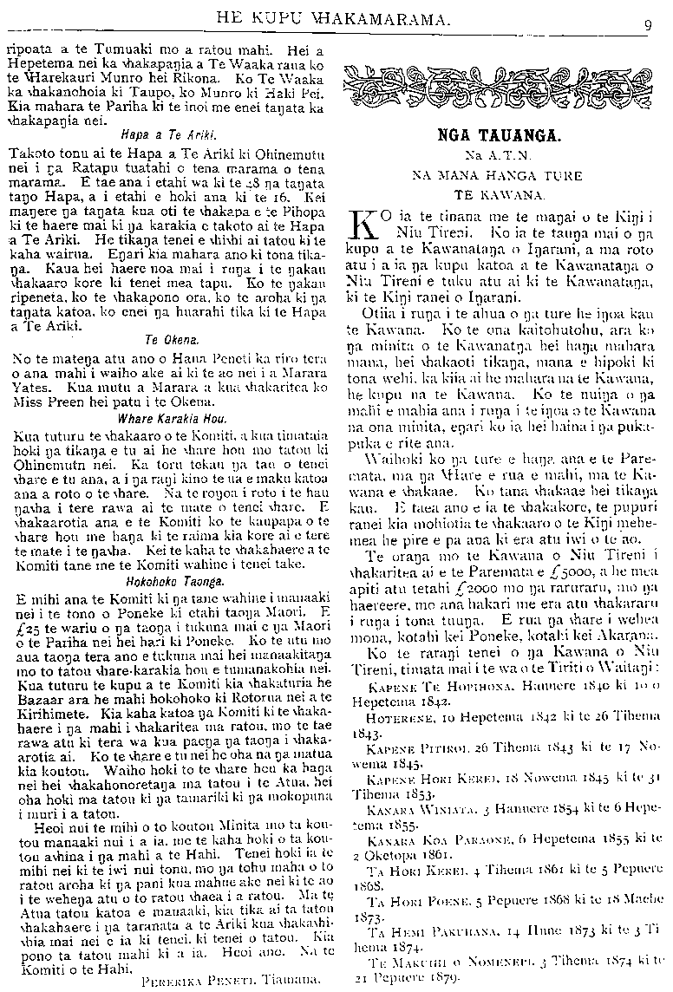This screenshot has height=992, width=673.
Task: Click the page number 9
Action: pyautogui.click(x=648, y=25)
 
